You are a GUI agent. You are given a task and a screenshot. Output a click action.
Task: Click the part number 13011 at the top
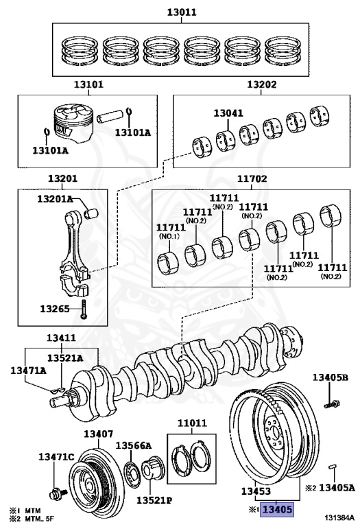coord(182,12)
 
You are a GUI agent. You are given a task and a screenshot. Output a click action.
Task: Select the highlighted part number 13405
coord(278,510)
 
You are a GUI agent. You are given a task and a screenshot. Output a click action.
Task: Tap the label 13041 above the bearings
coord(228,113)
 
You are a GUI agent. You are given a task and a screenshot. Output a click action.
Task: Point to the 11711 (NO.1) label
coord(171,231)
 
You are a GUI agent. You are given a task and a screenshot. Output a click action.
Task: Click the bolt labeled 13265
coord(83,309)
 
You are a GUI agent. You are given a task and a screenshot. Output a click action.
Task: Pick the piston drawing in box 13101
coord(73,124)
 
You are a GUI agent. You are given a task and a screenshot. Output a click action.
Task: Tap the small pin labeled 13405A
coord(333,467)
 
